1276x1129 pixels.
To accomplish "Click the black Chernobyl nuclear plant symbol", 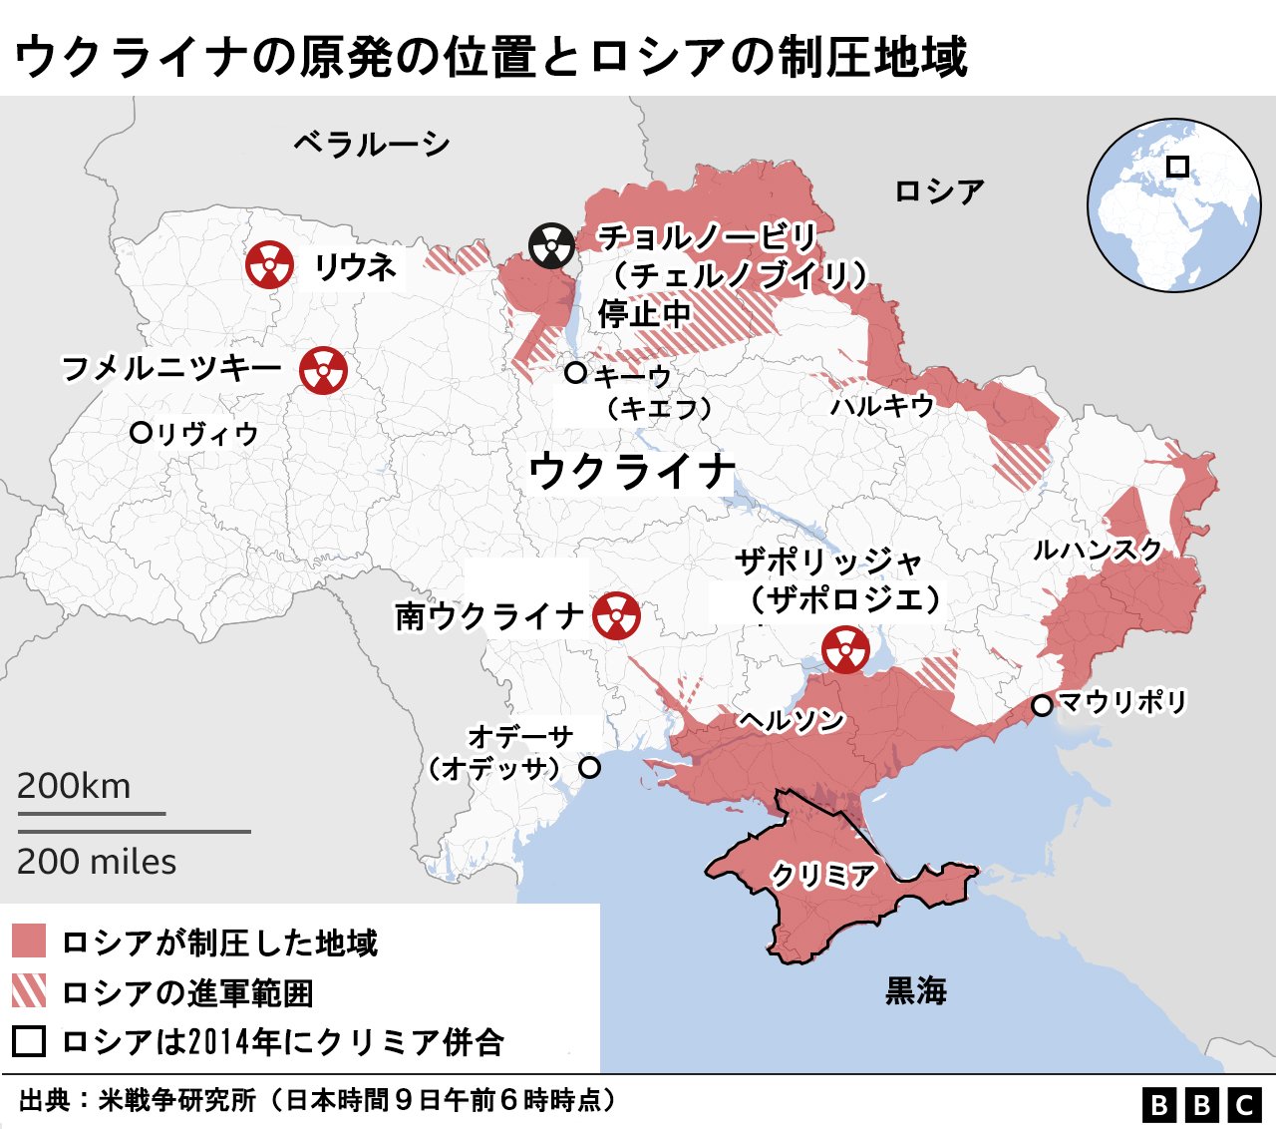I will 551,245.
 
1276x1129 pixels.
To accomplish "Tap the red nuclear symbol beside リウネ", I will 269,265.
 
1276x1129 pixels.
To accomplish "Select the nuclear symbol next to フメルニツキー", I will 323,370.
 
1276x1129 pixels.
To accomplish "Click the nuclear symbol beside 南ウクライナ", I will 616,615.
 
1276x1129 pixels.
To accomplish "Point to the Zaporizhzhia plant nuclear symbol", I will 845,649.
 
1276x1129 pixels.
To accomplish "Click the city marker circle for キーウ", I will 575,373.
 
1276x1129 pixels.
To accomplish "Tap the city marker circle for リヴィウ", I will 141,433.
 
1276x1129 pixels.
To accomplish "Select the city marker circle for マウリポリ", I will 1042,705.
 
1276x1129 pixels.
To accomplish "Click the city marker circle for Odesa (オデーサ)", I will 590,768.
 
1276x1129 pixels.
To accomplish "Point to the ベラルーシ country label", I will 371,145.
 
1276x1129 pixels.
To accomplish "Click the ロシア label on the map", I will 939,190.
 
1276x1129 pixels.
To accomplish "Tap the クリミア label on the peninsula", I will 822,876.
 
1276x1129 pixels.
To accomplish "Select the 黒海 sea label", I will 916,990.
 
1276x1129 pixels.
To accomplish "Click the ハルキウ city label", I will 882,405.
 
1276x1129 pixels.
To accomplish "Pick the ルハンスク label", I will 1098,550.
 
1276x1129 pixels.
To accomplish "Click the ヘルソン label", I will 792,720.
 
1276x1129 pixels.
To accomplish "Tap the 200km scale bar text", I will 74,786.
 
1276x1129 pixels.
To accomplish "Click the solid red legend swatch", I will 29,941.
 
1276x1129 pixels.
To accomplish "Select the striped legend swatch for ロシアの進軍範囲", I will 29,991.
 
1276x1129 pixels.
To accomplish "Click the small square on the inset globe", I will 1177,167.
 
